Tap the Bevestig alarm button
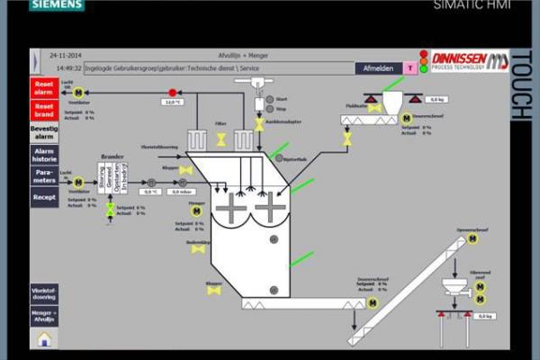tap(44, 131)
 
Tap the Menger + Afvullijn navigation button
tap(44, 317)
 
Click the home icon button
tap(44, 338)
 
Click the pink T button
tap(409, 67)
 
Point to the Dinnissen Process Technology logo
tap(469, 60)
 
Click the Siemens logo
tap(57, 5)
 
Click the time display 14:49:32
tap(68, 67)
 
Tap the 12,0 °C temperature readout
tap(172, 102)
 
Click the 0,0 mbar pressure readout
tap(180, 191)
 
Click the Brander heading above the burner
tap(112, 156)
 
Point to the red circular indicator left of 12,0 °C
tap(173, 92)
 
